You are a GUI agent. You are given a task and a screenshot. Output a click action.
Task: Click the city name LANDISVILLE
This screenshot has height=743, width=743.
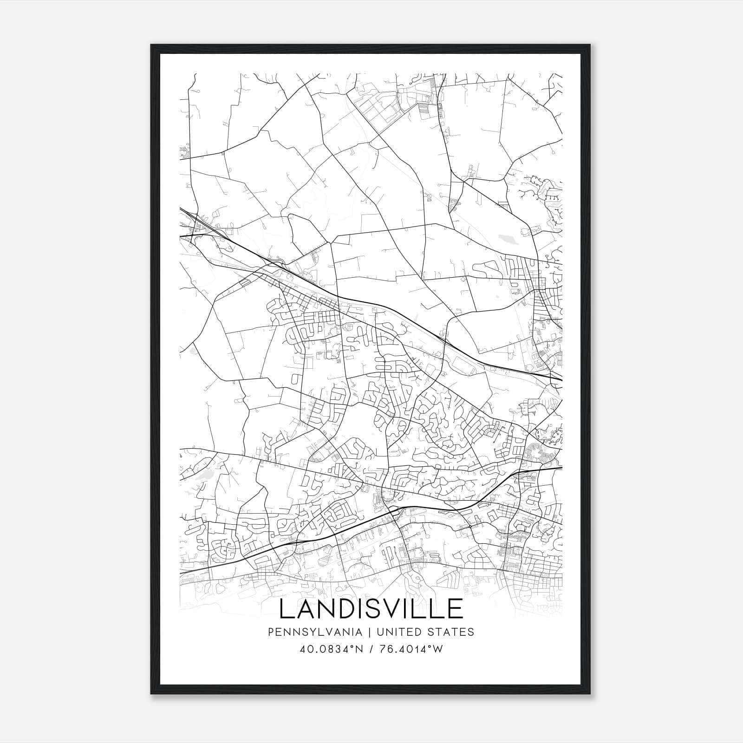pyautogui.click(x=371, y=609)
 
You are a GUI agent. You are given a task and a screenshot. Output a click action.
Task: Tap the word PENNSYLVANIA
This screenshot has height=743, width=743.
pyautogui.click(x=308, y=632)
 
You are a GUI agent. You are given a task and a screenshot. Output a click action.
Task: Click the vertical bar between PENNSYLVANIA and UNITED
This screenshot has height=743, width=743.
pyautogui.click(x=370, y=632)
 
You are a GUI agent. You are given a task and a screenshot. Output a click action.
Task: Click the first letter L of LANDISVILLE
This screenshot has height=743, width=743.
pyautogui.click(x=287, y=609)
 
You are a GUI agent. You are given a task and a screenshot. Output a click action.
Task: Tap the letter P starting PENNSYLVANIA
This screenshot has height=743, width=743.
pyautogui.click(x=271, y=632)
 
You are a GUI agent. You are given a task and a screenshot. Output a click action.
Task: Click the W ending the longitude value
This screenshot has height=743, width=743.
pyautogui.click(x=438, y=649)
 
